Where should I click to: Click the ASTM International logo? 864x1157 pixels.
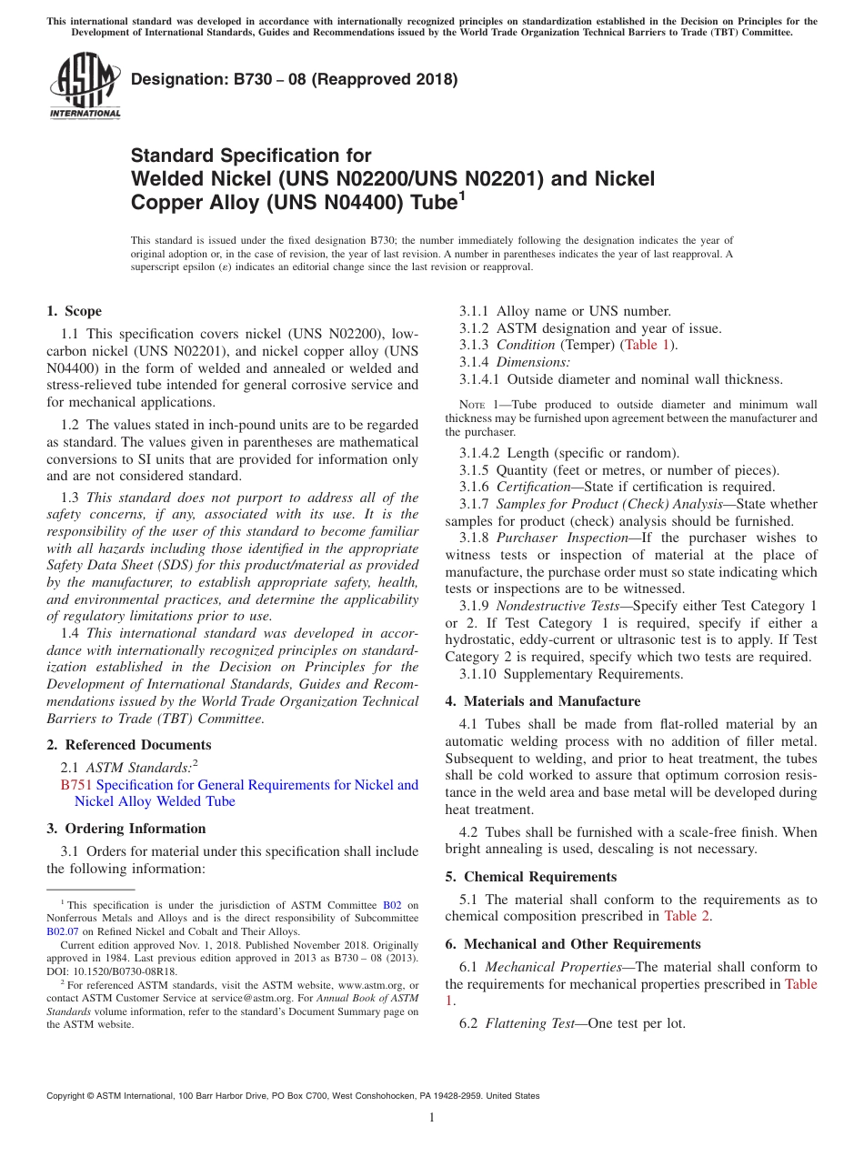pos(85,86)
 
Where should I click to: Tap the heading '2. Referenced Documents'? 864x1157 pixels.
pos(128,745)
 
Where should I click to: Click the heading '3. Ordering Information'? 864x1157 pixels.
pos(126,829)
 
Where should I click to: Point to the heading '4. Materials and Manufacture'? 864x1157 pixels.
pos(542,701)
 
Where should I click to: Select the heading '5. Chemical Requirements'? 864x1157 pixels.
pos(530,877)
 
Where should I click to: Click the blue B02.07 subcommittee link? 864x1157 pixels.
pos(62,931)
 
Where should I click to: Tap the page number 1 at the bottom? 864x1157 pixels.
pos(432,1118)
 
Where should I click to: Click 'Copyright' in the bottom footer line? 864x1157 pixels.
pos(69,1096)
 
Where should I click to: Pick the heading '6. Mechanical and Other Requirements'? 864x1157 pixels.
pos(573,944)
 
